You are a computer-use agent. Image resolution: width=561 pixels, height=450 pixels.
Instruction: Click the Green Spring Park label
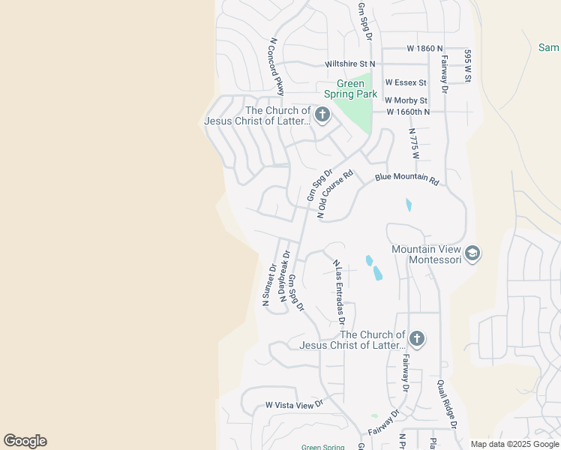coord(350,89)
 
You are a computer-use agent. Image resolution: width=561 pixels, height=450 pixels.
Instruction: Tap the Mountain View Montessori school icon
coord(472,254)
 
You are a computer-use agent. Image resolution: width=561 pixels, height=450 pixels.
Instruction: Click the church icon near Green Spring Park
coord(322,115)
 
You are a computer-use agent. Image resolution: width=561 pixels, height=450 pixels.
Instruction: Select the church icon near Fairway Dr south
coord(417,340)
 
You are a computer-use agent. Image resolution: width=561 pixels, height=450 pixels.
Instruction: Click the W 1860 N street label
coord(410,48)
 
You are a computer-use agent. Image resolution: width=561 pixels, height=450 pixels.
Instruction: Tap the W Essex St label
coord(406,82)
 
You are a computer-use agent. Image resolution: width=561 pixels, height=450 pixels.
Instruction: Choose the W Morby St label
coord(406,100)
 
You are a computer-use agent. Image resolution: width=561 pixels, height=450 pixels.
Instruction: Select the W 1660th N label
coord(408,112)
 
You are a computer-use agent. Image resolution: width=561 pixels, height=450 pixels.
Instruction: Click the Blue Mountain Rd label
coord(406,178)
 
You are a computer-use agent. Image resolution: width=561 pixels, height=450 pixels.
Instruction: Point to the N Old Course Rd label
coord(334,195)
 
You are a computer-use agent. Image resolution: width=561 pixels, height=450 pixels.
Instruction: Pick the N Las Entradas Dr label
coord(339,288)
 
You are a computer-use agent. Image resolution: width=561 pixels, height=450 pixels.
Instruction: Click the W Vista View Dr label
coord(293,404)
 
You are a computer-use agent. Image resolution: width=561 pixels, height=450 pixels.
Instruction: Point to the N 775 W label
coord(413,142)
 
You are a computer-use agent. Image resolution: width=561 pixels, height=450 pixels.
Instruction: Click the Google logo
coord(25,441)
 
